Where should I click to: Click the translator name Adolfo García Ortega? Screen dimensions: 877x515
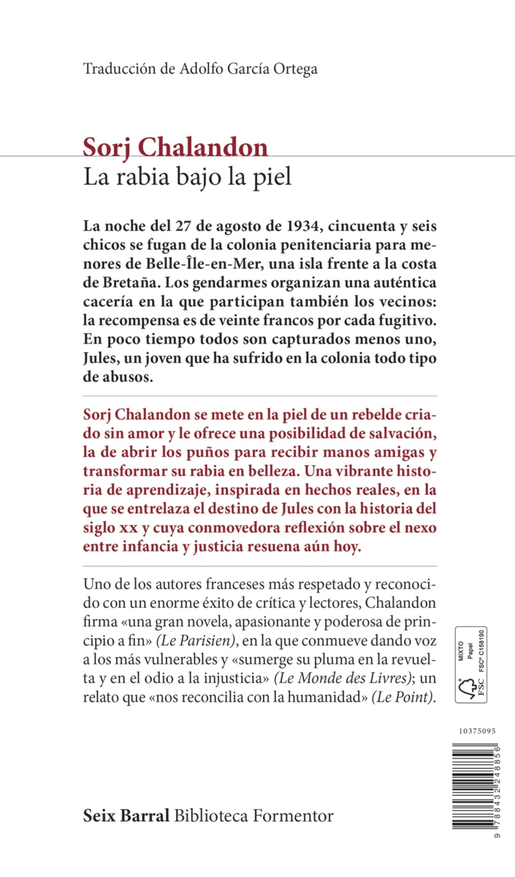point(246,69)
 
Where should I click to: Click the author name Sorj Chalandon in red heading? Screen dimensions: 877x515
point(175,148)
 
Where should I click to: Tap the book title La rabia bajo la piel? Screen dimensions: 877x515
point(188,177)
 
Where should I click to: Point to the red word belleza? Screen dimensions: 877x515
point(291,472)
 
